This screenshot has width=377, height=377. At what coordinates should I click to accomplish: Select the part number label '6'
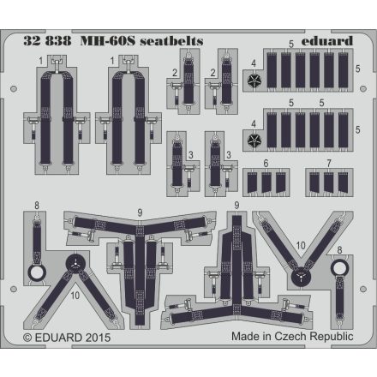266,164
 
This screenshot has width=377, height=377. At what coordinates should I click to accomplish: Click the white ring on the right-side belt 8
340,268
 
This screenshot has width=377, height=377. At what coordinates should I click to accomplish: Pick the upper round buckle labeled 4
254,81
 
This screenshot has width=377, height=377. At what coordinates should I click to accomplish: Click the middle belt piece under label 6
266,181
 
